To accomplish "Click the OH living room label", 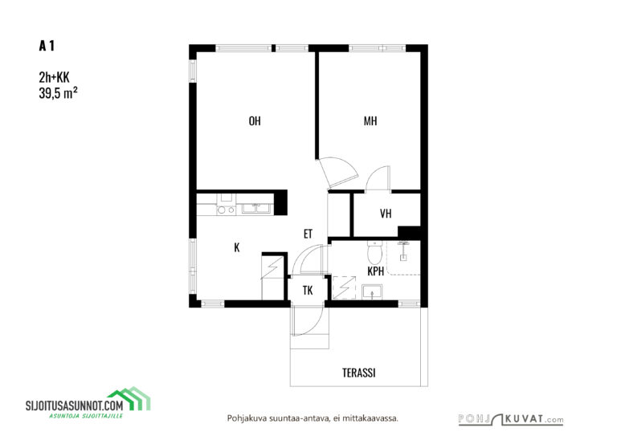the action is click(x=255, y=120).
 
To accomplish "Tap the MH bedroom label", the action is click(x=370, y=120).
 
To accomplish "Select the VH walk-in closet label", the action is click(x=386, y=214).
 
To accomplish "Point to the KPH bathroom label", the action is click(x=375, y=271).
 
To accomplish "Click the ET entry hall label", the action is click(x=308, y=234).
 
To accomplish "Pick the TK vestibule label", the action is click(x=308, y=291).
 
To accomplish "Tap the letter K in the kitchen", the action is click(x=236, y=247).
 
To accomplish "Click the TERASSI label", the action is click(x=359, y=373).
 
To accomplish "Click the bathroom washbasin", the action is click(x=372, y=292).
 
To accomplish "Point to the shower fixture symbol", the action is click(x=403, y=251).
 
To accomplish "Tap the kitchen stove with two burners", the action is click(x=227, y=205).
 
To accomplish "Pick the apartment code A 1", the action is click(x=47, y=46).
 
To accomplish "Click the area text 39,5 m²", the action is click(x=58, y=93).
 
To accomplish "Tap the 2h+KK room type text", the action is click(x=54, y=77).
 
